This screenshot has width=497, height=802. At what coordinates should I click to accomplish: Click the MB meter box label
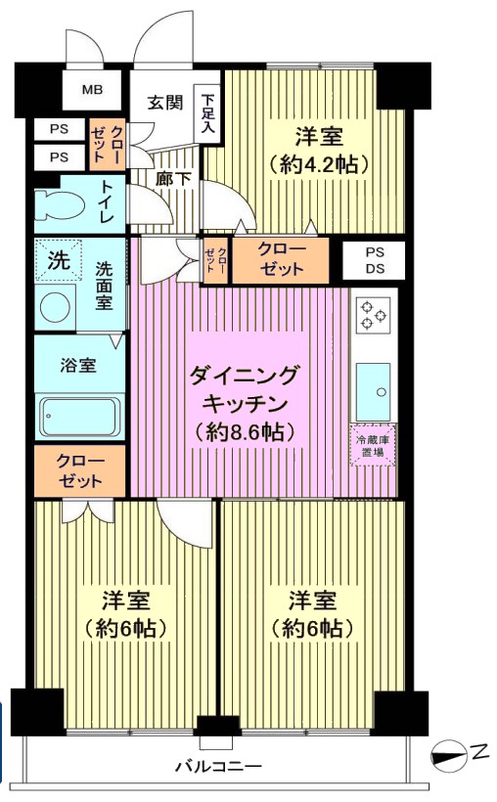pos(92,90)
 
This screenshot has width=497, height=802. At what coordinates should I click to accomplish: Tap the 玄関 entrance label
pos(164,103)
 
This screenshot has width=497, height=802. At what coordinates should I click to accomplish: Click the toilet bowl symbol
pos(60,204)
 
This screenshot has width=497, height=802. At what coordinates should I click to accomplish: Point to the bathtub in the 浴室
pos(80,416)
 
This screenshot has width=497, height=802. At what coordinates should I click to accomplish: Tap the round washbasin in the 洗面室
pos(55,309)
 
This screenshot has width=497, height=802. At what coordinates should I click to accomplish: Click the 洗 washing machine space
pos(59,260)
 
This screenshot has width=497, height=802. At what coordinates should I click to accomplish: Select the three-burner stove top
pos(373,313)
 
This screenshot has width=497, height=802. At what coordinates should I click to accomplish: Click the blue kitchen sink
pos(373,391)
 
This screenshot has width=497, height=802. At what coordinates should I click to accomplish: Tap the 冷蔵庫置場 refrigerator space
pos(373,445)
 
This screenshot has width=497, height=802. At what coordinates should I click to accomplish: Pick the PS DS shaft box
pos(375,261)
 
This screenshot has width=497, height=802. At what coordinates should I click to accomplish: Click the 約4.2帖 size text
pos(318,164)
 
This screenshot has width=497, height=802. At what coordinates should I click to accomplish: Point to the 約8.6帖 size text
pos(245,432)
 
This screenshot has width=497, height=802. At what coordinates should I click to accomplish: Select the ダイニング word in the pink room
pos(244,376)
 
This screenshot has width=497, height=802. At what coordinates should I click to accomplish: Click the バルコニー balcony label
pos(218,766)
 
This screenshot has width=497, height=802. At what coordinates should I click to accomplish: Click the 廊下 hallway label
pos(173,179)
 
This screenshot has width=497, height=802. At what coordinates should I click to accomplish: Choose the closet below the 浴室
pos(80,470)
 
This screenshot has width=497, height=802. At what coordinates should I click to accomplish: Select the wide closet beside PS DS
pos(281,260)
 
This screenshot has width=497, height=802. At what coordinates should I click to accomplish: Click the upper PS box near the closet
pos(60,129)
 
